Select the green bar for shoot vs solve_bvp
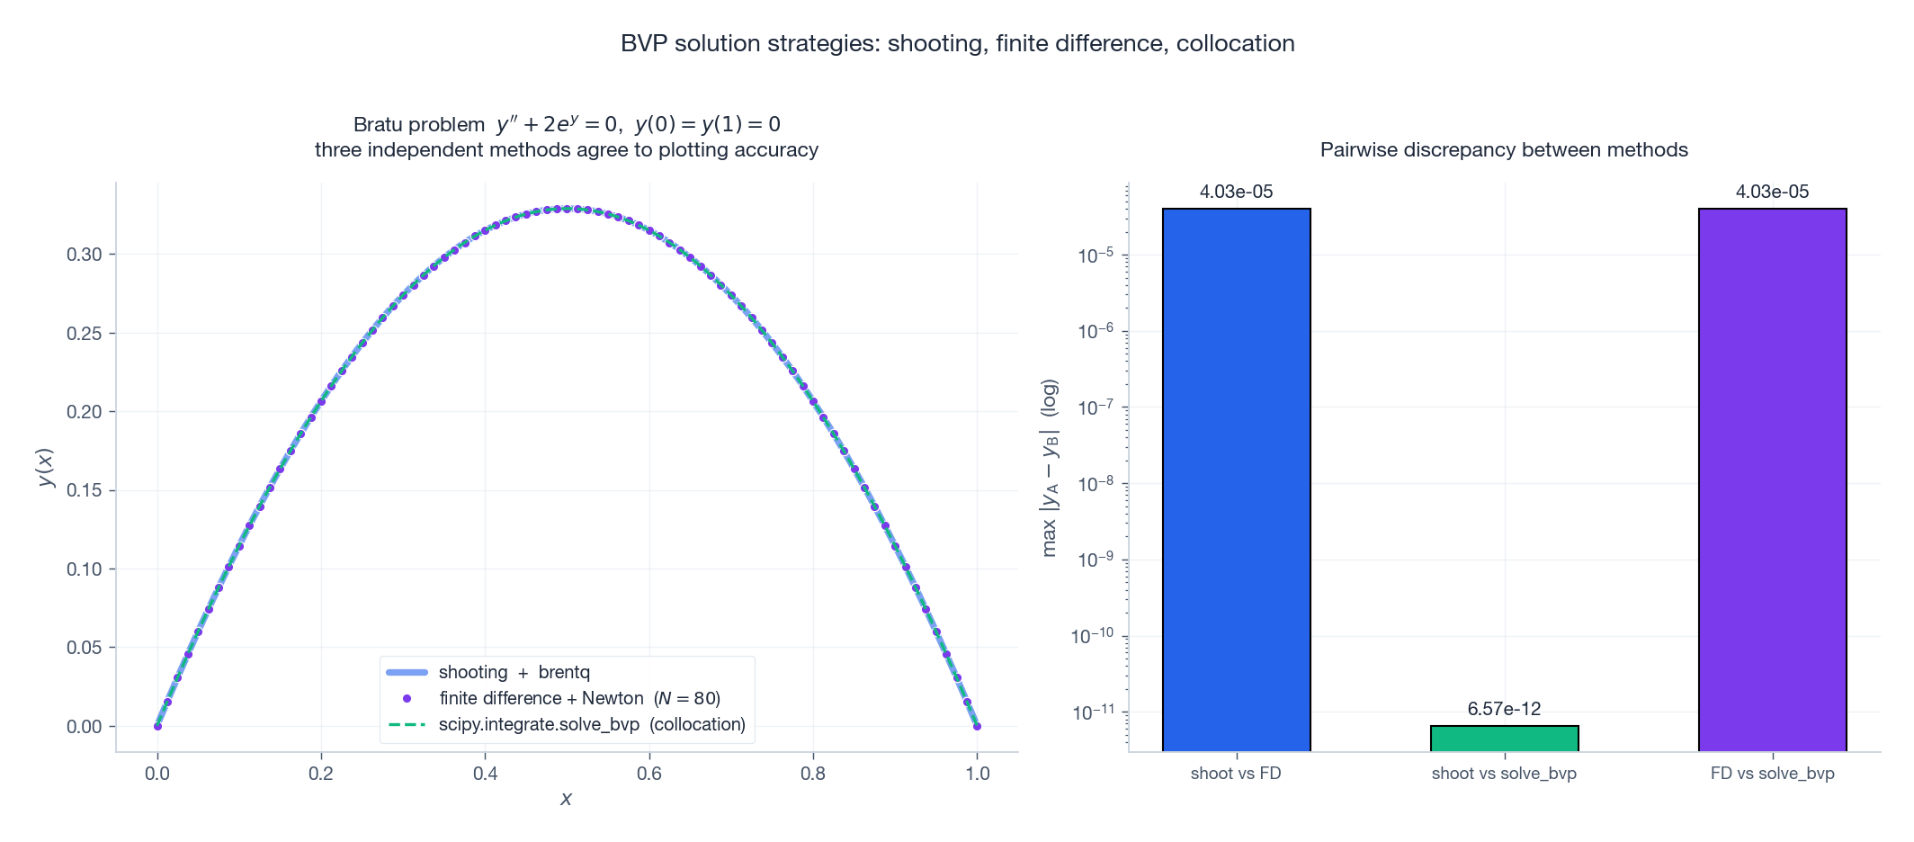[x=1504, y=738]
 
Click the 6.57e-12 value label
[x=1504, y=709]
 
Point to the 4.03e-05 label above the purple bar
[x=1772, y=192]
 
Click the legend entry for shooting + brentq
[x=514, y=672]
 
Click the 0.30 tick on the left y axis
[x=85, y=255]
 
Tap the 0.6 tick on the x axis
[x=649, y=774]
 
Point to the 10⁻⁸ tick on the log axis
[x=1096, y=484]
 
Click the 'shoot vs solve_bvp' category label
[x=1504, y=774]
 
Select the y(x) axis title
[x=46, y=468]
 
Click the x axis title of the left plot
[x=566, y=799]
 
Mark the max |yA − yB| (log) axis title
[x=1050, y=468]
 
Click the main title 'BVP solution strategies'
[x=957, y=43]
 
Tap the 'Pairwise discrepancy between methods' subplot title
[x=1504, y=150]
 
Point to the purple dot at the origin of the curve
[x=157, y=726]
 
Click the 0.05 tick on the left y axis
[x=85, y=648]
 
